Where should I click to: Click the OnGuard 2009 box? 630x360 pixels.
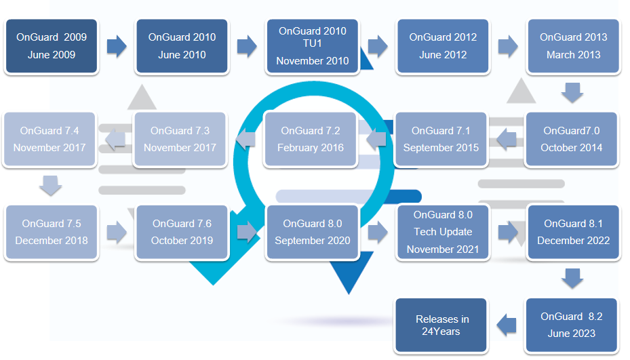click(52, 46)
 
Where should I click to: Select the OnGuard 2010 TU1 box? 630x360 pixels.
click(312, 46)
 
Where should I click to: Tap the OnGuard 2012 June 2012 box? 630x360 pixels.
click(443, 46)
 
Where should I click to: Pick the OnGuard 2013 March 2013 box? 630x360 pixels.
click(573, 46)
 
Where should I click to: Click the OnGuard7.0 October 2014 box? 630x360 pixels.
click(571, 139)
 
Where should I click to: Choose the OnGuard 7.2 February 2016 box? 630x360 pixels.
click(310, 139)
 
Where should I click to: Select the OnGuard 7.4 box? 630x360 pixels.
click(50, 139)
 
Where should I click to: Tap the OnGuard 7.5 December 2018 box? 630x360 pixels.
click(52, 232)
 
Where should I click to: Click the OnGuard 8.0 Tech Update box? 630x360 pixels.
click(443, 232)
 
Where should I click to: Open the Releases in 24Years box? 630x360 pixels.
click(441, 325)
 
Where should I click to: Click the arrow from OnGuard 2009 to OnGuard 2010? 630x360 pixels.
click(117, 46)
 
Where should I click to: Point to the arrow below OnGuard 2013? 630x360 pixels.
click(572, 93)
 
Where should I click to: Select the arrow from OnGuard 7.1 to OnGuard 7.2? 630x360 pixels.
click(376, 139)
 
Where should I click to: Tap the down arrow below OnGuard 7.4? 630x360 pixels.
click(50, 186)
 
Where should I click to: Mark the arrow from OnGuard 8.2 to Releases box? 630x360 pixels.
click(507, 325)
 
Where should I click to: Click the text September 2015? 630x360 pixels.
click(441, 148)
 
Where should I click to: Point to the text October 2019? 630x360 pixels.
click(182, 241)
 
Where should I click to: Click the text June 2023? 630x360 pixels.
click(571, 334)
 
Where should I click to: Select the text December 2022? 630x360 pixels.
click(573, 241)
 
